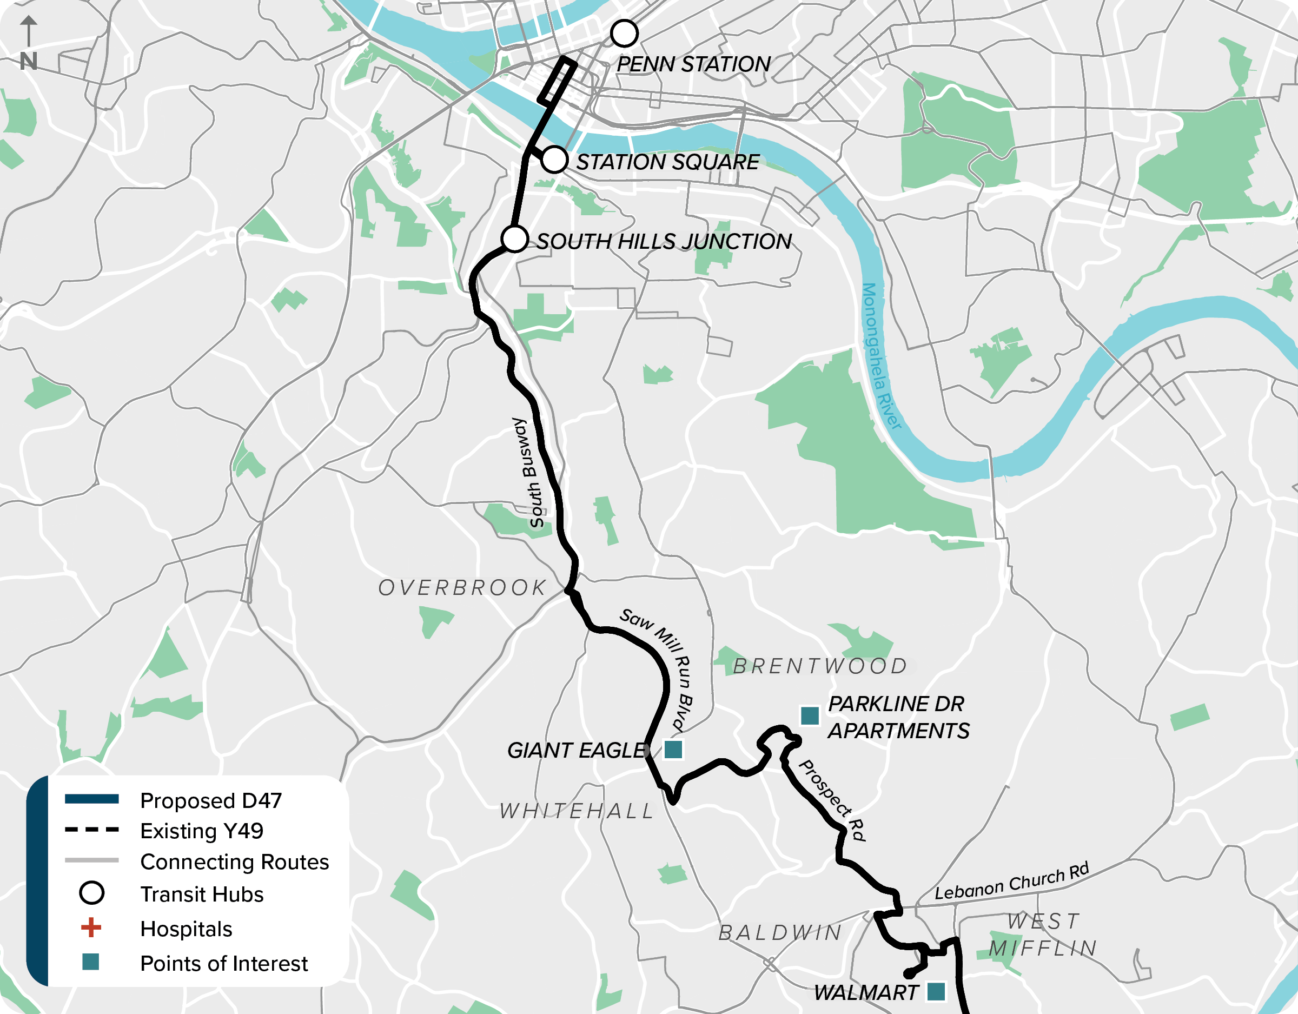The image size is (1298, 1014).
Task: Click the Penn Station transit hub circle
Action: pyautogui.click(x=624, y=34)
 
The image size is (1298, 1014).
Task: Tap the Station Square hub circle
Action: pyautogui.click(x=554, y=160)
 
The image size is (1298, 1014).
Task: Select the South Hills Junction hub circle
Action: pyautogui.click(x=515, y=239)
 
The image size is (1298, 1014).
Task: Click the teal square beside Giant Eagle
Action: pyautogui.click(x=673, y=750)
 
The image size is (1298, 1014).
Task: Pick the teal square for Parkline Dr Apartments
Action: pyautogui.click(x=810, y=715)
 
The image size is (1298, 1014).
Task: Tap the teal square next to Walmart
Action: pyautogui.click(x=936, y=991)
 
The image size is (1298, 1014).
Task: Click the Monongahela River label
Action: pyautogui.click(x=881, y=355)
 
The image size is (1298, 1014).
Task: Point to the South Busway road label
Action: pyautogui.click(x=528, y=473)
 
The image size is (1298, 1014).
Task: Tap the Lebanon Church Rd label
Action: pyautogui.click(x=1011, y=882)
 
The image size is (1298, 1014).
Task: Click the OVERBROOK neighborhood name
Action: pyautogui.click(x=462, y=588)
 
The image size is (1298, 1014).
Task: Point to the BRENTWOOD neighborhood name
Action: pyautogui.click(x=820, y=666)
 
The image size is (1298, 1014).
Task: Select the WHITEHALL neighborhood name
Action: pyautogui.click(x=577, y=811)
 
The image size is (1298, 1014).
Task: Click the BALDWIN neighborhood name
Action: pyautogui.click(x=780, y=933)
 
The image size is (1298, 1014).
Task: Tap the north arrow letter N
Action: pyautogui.click(x=29, y=61)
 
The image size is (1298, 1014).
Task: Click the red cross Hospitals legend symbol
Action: pyautogui.click(x=91, y=927)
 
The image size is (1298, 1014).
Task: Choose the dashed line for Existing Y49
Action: pyautogui.click(x=91, y=830)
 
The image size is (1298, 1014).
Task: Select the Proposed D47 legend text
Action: pyautogui.click(x=211, y=800)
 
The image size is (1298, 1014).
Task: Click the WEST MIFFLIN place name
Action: pyautogui.click(x=1043, y=935)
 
